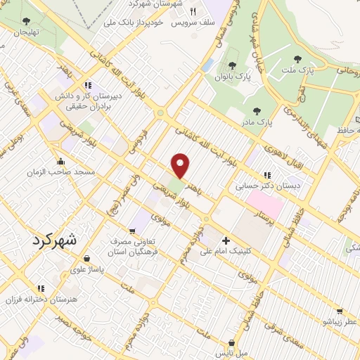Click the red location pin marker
[181, 166]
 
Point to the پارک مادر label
[257, 122]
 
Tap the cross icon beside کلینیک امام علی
[225, 240]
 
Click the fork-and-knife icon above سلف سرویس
[193, 11]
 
